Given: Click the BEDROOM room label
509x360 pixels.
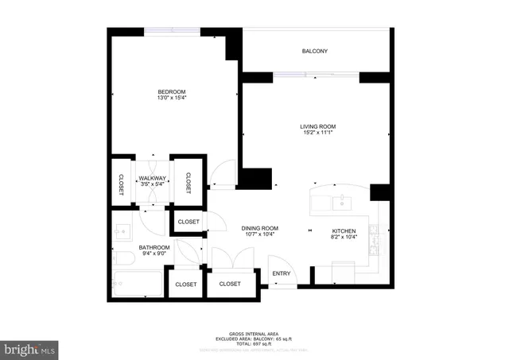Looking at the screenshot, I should pyautogui.click(x=171, y=92).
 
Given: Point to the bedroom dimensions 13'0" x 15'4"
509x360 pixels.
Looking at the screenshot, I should pyautogui.click(x=171, y=99).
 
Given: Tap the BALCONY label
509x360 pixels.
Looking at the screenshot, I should pyautogui.click(x=314, y=52).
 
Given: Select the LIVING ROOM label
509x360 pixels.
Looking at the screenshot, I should pyautogui.click(x=317, y=126).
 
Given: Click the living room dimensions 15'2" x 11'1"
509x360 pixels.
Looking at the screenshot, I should pyautogui.click(x=317, y=134).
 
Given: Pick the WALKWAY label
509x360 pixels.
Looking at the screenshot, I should pyautogui.click(x=151, y=178).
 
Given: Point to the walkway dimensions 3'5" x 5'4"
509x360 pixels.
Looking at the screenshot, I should pyautogui.click(x=151, y=184).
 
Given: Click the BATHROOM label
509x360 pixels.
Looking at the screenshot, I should pyautogui.click(x=154, y=248).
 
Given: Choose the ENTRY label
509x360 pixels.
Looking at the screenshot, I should pyautogui.click(x=282, y=274).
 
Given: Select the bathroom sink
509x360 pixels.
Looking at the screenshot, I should pyautogui.click(x=122, y=231).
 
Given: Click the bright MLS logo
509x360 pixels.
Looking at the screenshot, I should pyautogui.click(x=30, y=348).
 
